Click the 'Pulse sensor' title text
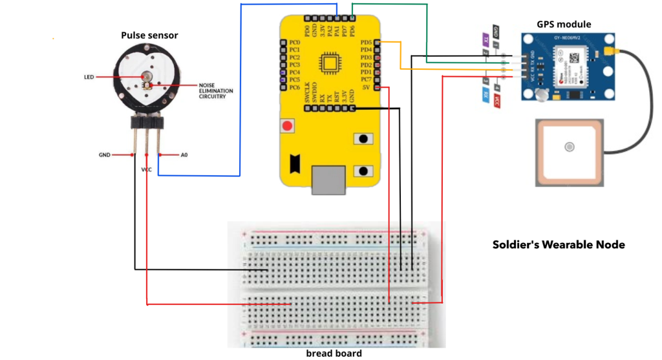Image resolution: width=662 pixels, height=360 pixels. click(x=149, y=35)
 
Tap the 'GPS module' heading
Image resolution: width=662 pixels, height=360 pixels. click(x=564, y=25)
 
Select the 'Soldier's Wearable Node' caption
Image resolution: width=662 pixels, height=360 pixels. click(x=559, y=245)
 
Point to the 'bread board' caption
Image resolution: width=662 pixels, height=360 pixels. click(x=334, y=354)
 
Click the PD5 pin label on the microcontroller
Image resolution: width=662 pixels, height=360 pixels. click(x=366, y=43)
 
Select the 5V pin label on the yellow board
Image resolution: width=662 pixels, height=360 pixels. click(x=367, y=87)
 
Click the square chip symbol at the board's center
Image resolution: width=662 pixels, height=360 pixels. click(x=330, y=65)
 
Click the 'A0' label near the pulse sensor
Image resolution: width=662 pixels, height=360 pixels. click(x=184, y=155)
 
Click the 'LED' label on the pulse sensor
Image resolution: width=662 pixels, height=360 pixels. click(x=89, y=77)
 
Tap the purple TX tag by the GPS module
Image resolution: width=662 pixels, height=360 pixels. click(x=485, y=39)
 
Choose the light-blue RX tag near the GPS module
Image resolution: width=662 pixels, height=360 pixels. click(x=485, y=94)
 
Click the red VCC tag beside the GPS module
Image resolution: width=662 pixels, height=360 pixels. click(x=496, y=101)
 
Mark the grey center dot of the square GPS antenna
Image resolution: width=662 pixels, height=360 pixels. click(x=569, y=147)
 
